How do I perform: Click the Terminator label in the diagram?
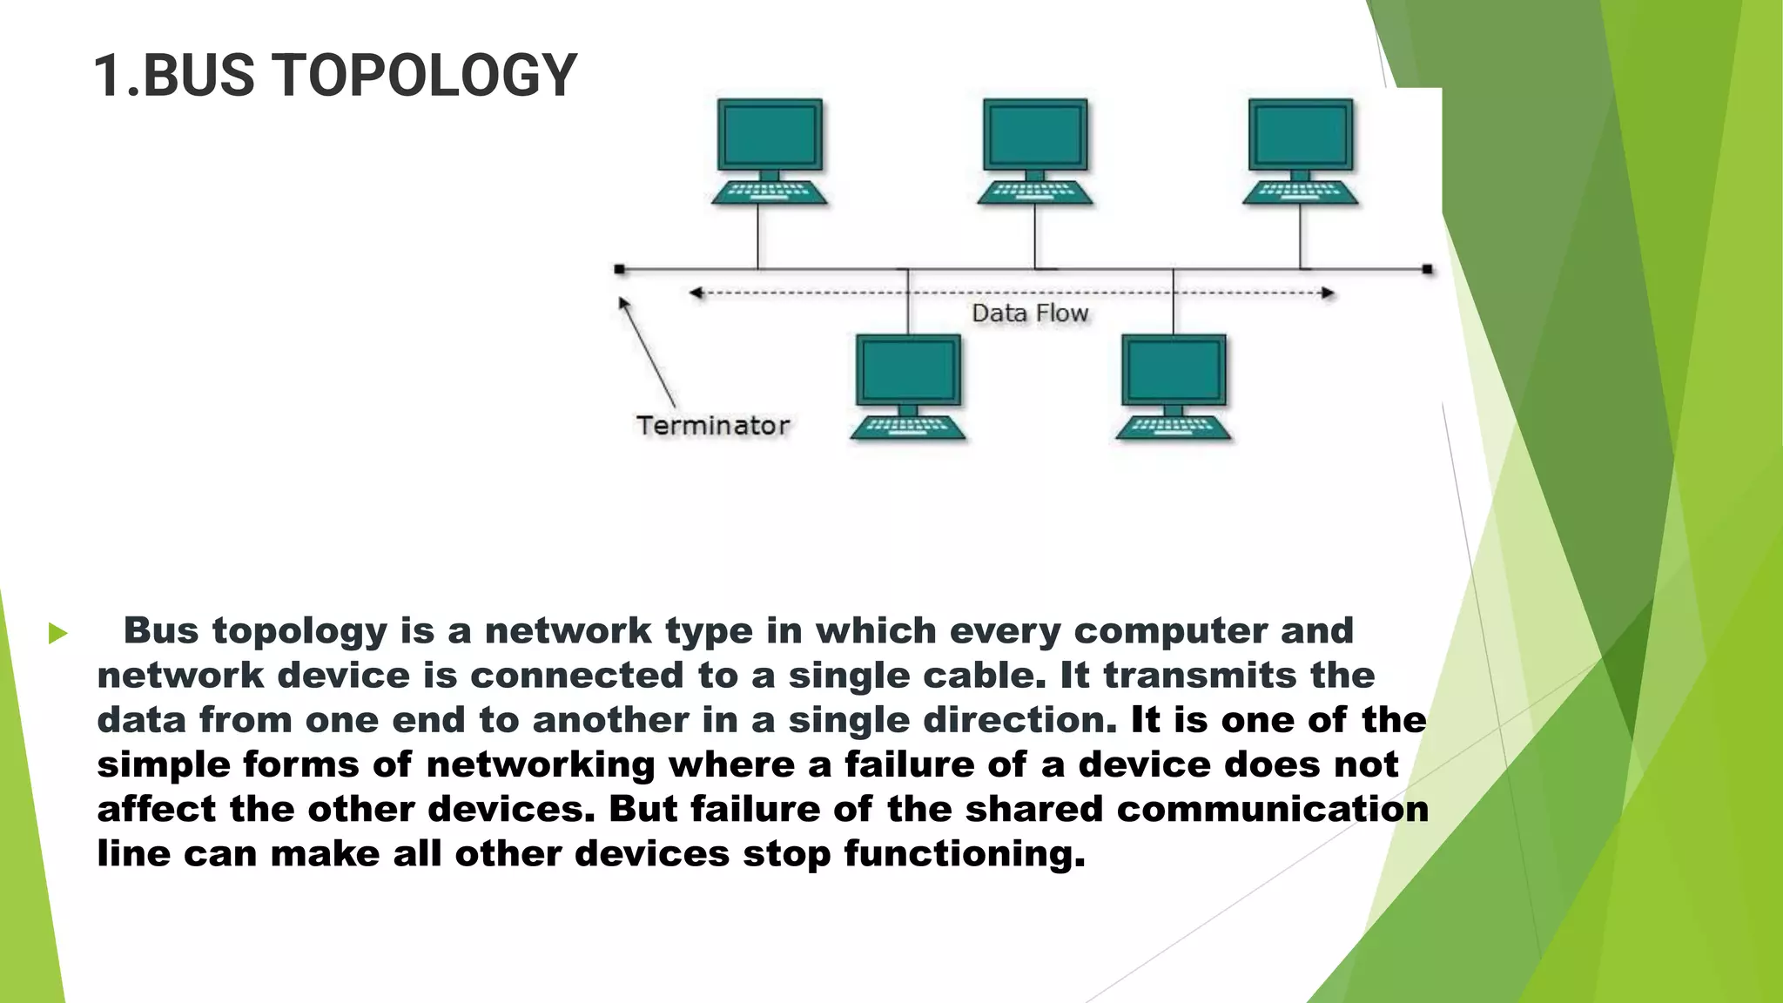click(712, 426)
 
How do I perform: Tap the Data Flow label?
click(1030, 313)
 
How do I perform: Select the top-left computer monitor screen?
click(770, 135)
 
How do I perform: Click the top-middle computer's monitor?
click(1035, 135)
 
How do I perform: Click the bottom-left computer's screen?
click(908, 370)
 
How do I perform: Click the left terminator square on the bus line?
click(619, 269)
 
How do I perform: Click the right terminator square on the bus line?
click(1427, 269)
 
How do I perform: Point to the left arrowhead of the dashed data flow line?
click(696, 293)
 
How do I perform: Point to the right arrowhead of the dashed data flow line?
click(1328, 293)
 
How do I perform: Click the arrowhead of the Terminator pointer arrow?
click(623, 303)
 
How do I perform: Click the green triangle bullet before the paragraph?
click(58, 633)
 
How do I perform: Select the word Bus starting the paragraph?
click(161, 631)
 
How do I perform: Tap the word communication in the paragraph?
click(1272, 810)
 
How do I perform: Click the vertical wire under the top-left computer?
click(757, 237)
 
